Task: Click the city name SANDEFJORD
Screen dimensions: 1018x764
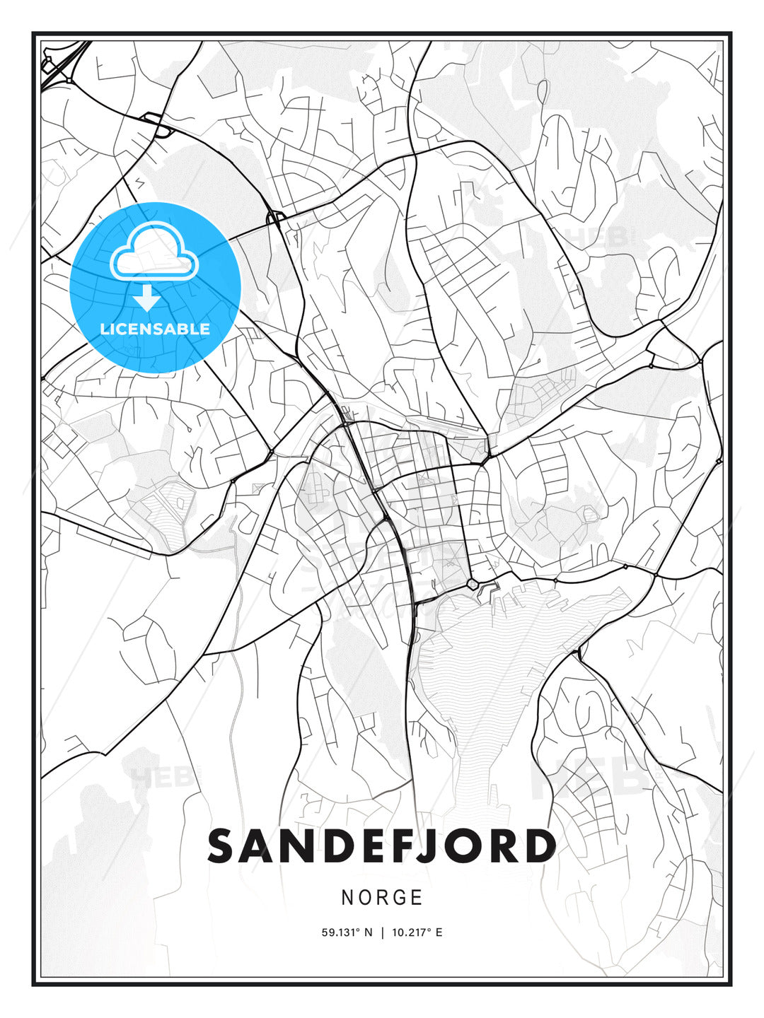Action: [x=382, y=846]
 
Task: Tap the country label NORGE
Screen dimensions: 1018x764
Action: [x=382, y=898]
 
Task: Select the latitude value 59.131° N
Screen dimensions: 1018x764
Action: [x=347, y=932]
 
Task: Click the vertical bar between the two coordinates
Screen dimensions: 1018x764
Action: [x=382, y=932]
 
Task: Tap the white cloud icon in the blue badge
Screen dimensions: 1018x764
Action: [x=154, y=252]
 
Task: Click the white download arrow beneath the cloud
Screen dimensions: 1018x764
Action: [x=147, y=298]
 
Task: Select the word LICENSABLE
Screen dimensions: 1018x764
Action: [x=155, y=329]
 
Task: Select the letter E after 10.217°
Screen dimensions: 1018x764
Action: [x=439, y=932]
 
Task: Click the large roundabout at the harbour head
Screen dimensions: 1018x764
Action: [x=472, y=584]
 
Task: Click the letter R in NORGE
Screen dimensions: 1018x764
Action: [x=380, y=898]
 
